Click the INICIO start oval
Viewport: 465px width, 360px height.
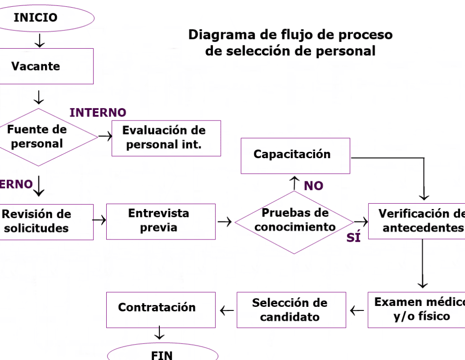pos(45,18)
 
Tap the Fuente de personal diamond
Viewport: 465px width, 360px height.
pos(41,137)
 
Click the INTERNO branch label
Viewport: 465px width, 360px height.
pos(98,112)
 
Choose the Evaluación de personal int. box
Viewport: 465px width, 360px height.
pos(166,138)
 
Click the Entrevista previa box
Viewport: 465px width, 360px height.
pos(161,221)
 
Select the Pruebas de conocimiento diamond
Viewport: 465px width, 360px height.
pos(294,222)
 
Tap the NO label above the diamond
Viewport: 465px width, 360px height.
pos(313,186)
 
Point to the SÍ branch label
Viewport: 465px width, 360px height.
pos(353,238)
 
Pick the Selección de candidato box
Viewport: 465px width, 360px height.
pos(291,310)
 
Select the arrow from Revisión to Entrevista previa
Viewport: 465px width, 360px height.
pos(99,220)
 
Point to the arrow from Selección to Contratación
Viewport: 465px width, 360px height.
pos(227,310)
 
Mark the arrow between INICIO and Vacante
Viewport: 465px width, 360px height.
pos(40,41)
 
